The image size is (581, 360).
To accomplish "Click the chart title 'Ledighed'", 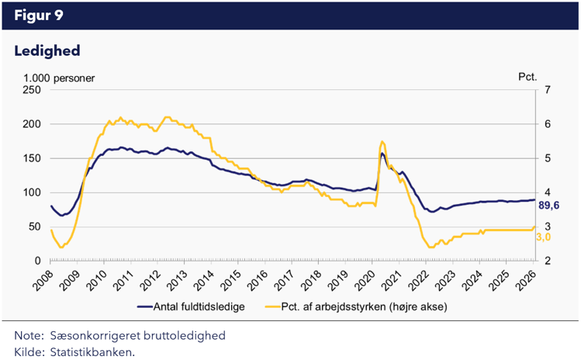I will point(47,50).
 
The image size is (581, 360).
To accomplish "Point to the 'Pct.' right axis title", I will point(527,78).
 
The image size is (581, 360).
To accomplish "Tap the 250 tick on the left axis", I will point(32,90).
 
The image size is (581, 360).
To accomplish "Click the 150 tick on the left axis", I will point(32,158).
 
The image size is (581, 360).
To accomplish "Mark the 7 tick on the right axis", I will point(547,90).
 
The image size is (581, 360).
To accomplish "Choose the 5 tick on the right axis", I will point(547,158).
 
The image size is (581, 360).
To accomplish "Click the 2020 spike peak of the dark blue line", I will point(382,154).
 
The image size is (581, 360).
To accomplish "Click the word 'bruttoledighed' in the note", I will point(188,335).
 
